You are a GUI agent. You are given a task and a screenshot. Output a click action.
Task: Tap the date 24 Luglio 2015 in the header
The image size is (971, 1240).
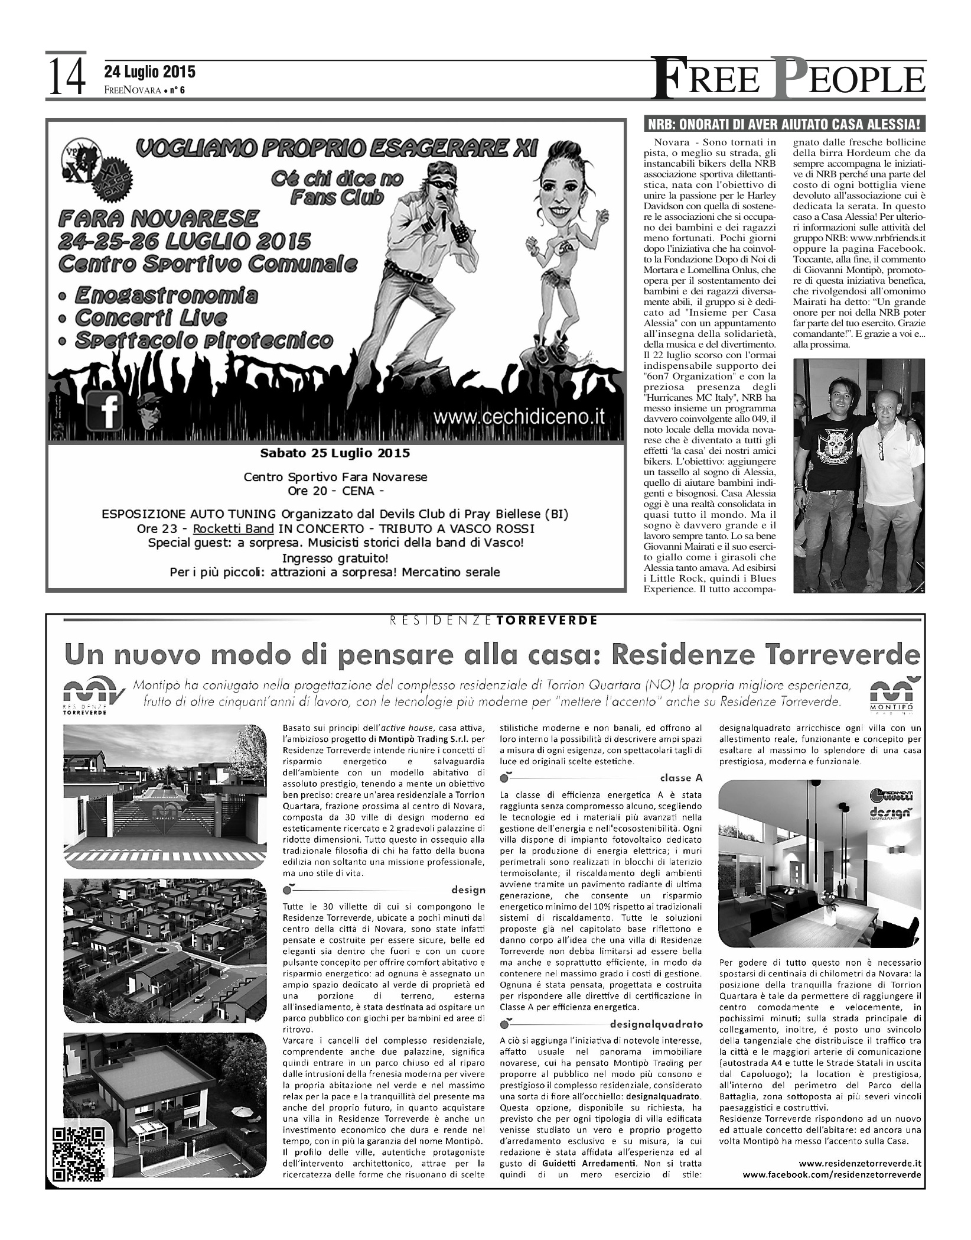(x=149, y=72)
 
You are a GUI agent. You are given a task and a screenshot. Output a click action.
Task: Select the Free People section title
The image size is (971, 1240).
(x=788, y=79)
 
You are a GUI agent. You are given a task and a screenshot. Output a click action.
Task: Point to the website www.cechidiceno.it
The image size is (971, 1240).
(x=519, y=416)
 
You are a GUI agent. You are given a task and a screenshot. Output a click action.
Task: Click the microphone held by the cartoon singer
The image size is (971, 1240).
(x=443, y=219)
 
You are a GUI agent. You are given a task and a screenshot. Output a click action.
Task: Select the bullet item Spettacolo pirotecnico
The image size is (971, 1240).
(x=204, y=341)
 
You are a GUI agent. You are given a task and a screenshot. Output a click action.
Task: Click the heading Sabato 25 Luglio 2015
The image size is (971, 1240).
(x=335, y=453)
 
